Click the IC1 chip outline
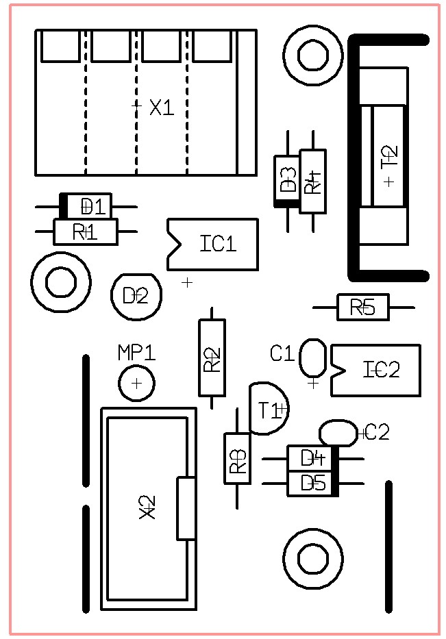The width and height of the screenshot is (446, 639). tap(212, 244)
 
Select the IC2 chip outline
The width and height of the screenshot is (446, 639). tap(375, 370)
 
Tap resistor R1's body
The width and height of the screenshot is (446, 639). tap(86, 232)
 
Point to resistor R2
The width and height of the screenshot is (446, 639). tap(212, 358)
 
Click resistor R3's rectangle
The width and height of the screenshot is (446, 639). tap(237, 459)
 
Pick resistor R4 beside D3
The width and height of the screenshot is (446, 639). tap(312, 181)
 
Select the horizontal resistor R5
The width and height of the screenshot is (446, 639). tap(363, 308)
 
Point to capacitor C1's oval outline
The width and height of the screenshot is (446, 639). tap(313, 358)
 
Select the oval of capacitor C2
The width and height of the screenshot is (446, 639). tap(338, 433)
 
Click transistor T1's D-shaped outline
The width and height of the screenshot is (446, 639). tap(267, 409)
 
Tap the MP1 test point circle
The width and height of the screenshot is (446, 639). tap(136, 384)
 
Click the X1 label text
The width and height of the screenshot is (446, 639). tap(162, 108)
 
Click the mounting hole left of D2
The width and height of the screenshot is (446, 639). tap(61, 281)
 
